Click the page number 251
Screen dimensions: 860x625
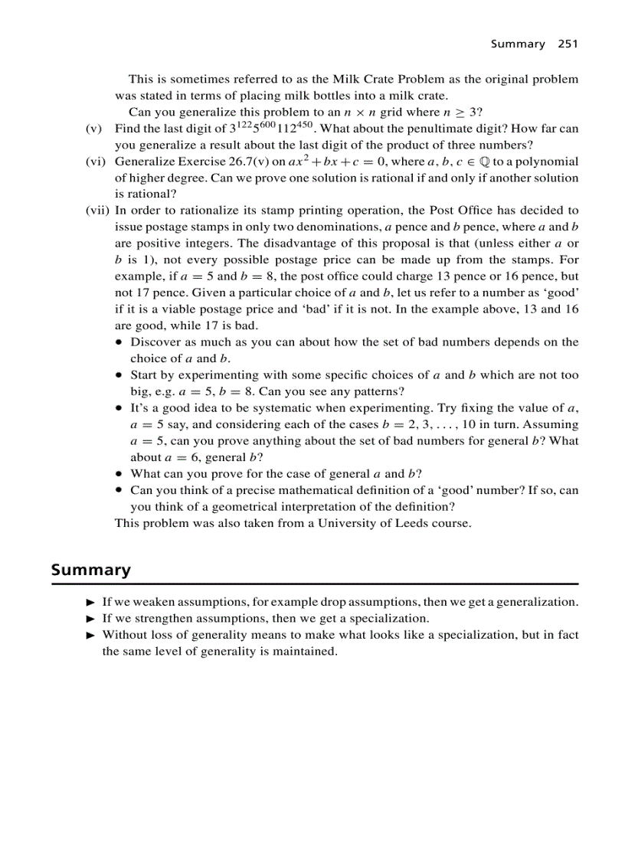[x=568, y=44]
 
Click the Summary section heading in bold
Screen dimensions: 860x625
[x=90, y=570]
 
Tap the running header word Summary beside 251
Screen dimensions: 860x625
[x=517, y=44]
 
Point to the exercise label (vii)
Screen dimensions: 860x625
[x=97, y=211]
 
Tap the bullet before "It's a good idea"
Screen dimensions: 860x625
[x=119, y=408]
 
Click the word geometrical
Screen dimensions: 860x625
[x=226, y=507]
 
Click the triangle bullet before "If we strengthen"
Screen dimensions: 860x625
[x=90, y=619]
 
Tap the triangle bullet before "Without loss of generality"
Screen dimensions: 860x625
[x=90, y=636]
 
